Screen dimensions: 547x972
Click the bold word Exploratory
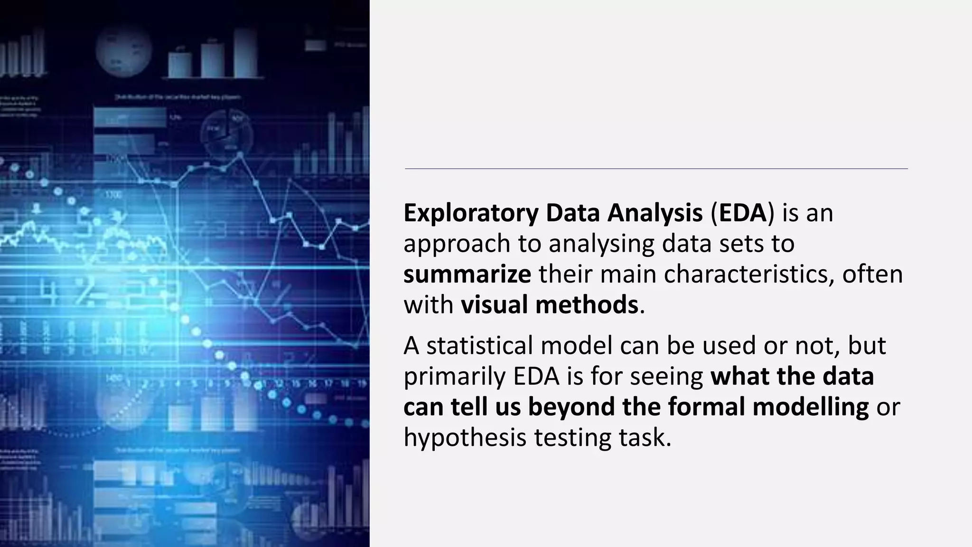point(470,213)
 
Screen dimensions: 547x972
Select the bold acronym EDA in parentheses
point(742,213)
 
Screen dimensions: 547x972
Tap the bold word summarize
point(467,274)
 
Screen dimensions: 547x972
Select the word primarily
point(454,377)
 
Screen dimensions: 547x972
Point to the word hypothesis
point(465,437)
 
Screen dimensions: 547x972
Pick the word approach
point(456,245)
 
